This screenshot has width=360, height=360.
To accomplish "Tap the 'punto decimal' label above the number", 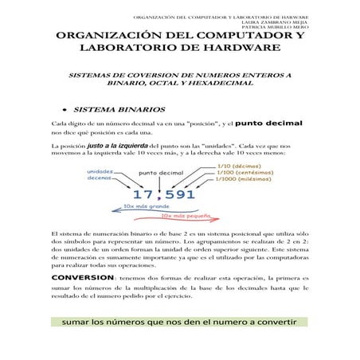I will (x=161, y=173).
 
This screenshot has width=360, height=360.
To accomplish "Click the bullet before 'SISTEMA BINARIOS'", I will (x=62, y=109).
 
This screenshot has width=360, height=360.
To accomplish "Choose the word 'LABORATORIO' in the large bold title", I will (x=124, y=49).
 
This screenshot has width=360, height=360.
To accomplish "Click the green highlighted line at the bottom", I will (x=179, y=323).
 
